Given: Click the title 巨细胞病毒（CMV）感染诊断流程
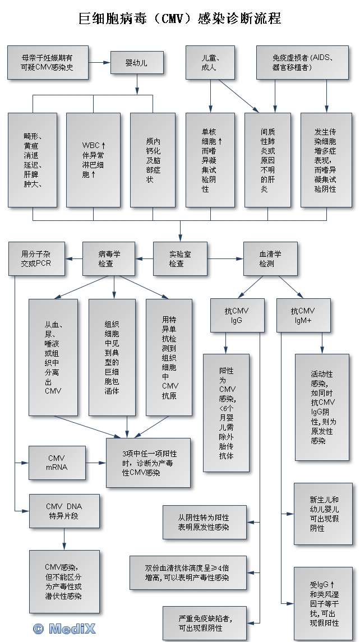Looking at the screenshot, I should coord(179,19).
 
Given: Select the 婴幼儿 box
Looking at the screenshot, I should coord(137,62).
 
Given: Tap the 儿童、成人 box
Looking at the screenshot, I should coord(210,62).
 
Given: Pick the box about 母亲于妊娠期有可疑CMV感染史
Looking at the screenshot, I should coord(48,62).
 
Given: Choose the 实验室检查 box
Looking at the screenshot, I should coord(177,258).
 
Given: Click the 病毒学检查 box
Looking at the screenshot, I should coord(109,258).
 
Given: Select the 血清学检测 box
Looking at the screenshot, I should coord(270,258).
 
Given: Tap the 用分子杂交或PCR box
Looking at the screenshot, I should coord(36,258).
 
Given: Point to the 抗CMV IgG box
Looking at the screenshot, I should coord(236,315).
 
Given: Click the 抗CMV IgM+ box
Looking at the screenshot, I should coord(303,315).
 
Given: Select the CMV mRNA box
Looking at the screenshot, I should coord(57,463).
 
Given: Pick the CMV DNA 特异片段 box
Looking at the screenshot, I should coord(64,511).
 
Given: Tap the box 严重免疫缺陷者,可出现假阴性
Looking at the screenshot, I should coord(204,622).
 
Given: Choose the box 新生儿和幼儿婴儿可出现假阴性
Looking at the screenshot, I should coord(324,513).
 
